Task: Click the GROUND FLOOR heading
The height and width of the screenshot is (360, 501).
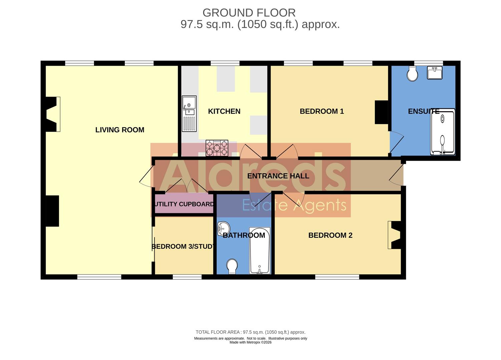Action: click(249, 13)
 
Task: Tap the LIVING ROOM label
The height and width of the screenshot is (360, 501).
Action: click(120, 130)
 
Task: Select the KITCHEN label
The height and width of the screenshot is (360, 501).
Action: click(224, 111)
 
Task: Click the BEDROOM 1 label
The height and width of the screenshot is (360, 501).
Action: click(322, 111)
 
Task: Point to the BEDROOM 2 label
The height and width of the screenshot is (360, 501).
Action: click(330, 235)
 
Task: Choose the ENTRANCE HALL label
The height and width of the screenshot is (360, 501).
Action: click(278, 176)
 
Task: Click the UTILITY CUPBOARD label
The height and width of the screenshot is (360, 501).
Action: click(184, 204)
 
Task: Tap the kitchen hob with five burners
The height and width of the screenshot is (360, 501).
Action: click(217, 148)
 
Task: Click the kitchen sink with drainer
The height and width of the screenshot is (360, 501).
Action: click(189, 114)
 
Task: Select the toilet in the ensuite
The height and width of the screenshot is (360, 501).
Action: click(412, 74)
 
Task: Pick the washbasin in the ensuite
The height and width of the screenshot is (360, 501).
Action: click(435, 73)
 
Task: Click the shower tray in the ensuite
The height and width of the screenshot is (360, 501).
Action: click(442, 133)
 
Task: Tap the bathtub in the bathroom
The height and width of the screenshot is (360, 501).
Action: click(260, 251)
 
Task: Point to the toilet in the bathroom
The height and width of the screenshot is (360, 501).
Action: click(232, 266)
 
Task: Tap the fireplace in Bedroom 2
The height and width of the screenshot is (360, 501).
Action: click(394, 235)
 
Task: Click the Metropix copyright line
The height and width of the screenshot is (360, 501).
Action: click(250, 342)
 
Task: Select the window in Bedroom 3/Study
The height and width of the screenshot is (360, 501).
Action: click(187, 277)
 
